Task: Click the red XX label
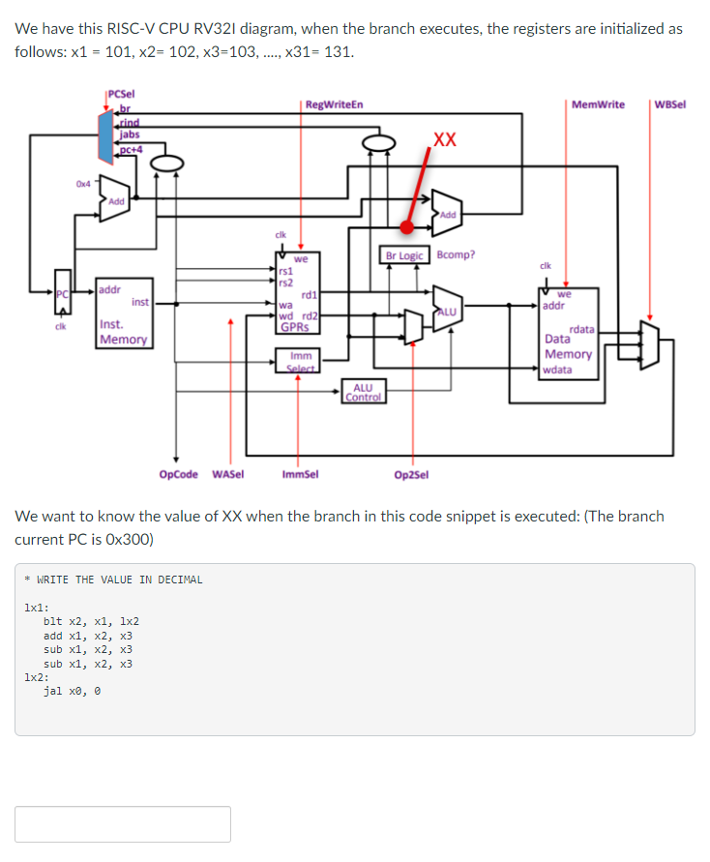point(445,139)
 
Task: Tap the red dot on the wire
point(408,227)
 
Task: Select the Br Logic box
point(404,255)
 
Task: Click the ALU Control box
point(363,393)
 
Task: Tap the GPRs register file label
point(293,327)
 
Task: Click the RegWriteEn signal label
point(334,104)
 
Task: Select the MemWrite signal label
point(597,104)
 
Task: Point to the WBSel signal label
point(669,104)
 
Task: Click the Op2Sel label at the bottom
point(411,474)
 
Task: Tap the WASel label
point(227,474)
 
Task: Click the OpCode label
point(178,474)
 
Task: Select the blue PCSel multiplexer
point(106,136)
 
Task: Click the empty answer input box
point(123,823)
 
